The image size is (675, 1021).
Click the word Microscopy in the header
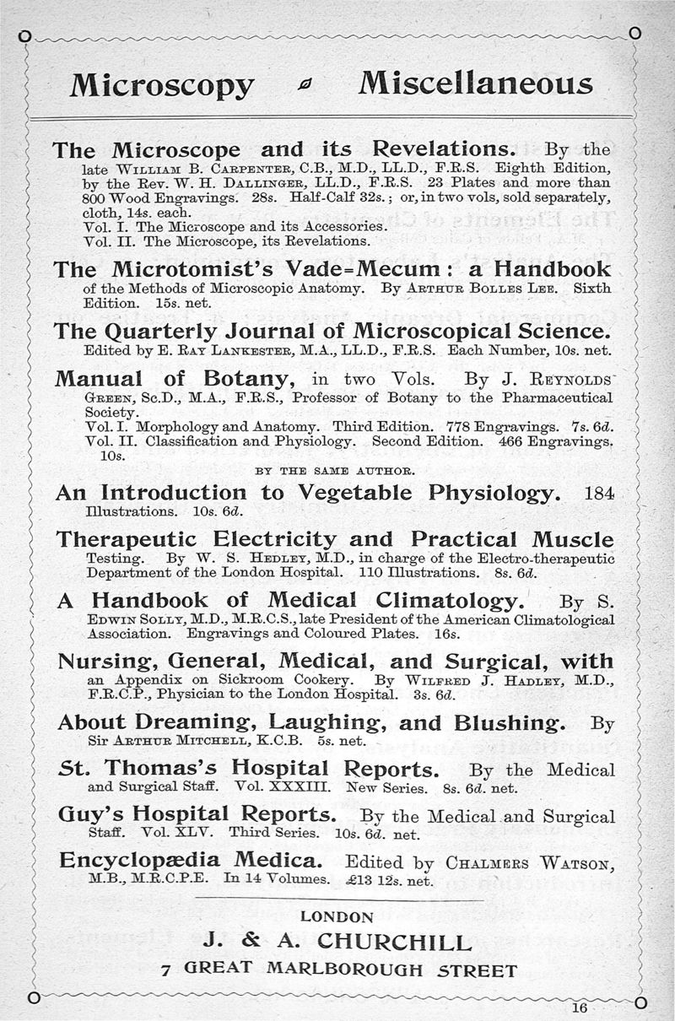[162, 85]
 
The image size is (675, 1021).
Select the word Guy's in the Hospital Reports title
[87, 815]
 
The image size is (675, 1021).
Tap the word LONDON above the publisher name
[337, 916]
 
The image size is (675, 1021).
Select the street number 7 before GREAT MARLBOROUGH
[166, 970]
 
